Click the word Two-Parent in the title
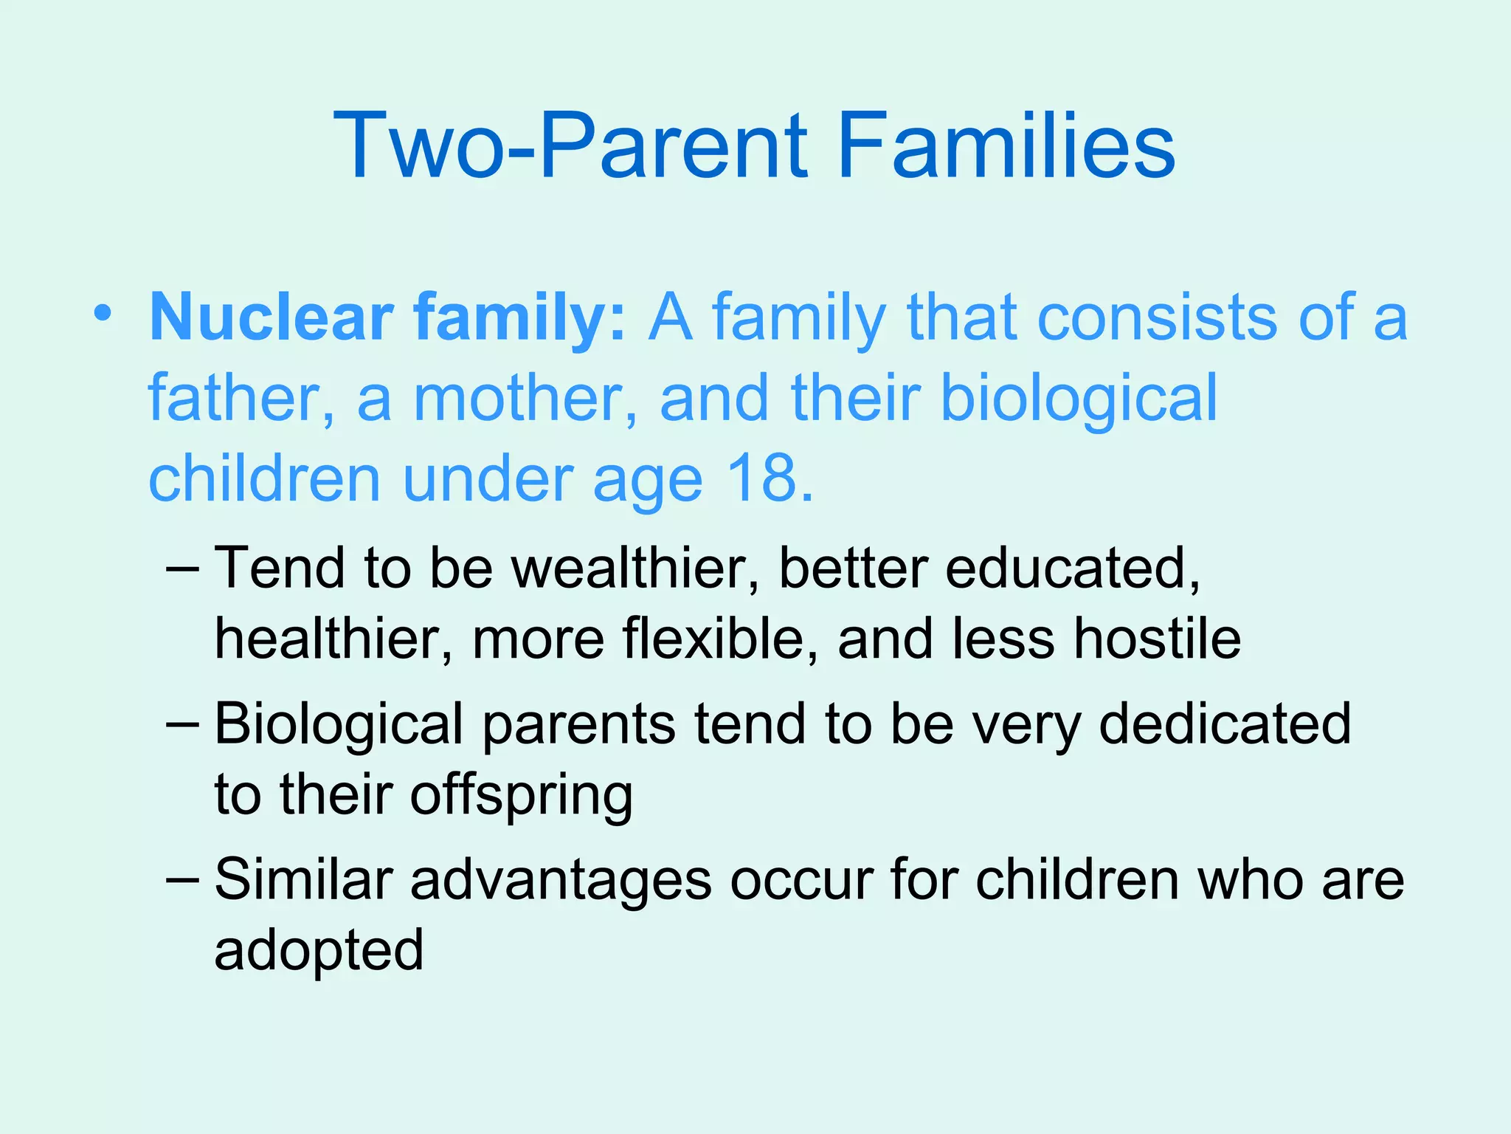[571, 145]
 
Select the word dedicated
[1225, 724]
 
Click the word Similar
[303, 880]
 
